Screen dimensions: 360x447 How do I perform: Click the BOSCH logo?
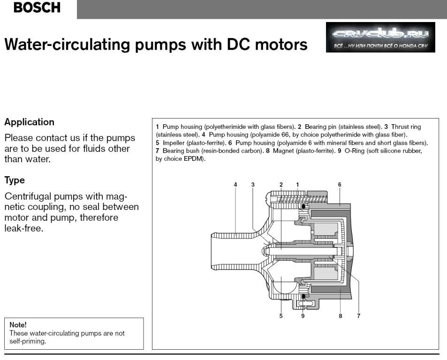[x=37, y=8]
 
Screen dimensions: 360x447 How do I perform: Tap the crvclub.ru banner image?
[x=380, y=37]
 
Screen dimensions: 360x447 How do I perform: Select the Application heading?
[x=29, y=122]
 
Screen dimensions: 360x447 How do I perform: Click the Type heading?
[x=15, y=180]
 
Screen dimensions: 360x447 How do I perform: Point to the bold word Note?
[x=18, y=324]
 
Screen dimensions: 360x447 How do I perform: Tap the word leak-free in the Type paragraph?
[x=24, y=229]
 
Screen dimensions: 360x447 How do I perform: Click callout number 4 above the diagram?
[x=235, y=185]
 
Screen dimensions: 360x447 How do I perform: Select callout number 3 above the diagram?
[x=253, y=185]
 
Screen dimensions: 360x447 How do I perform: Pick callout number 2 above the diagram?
[x=281, y=185]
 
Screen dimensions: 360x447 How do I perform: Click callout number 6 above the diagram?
[x=340, y=185]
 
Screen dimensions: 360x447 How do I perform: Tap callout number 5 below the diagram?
[x=281, y=316]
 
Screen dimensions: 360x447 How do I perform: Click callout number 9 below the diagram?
[x=303, y=316]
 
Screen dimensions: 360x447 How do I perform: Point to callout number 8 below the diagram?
[x=341, y=316]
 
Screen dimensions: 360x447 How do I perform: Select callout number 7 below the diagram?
[x=359, y=316]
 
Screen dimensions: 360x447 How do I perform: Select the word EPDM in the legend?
[x=195, y=158]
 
